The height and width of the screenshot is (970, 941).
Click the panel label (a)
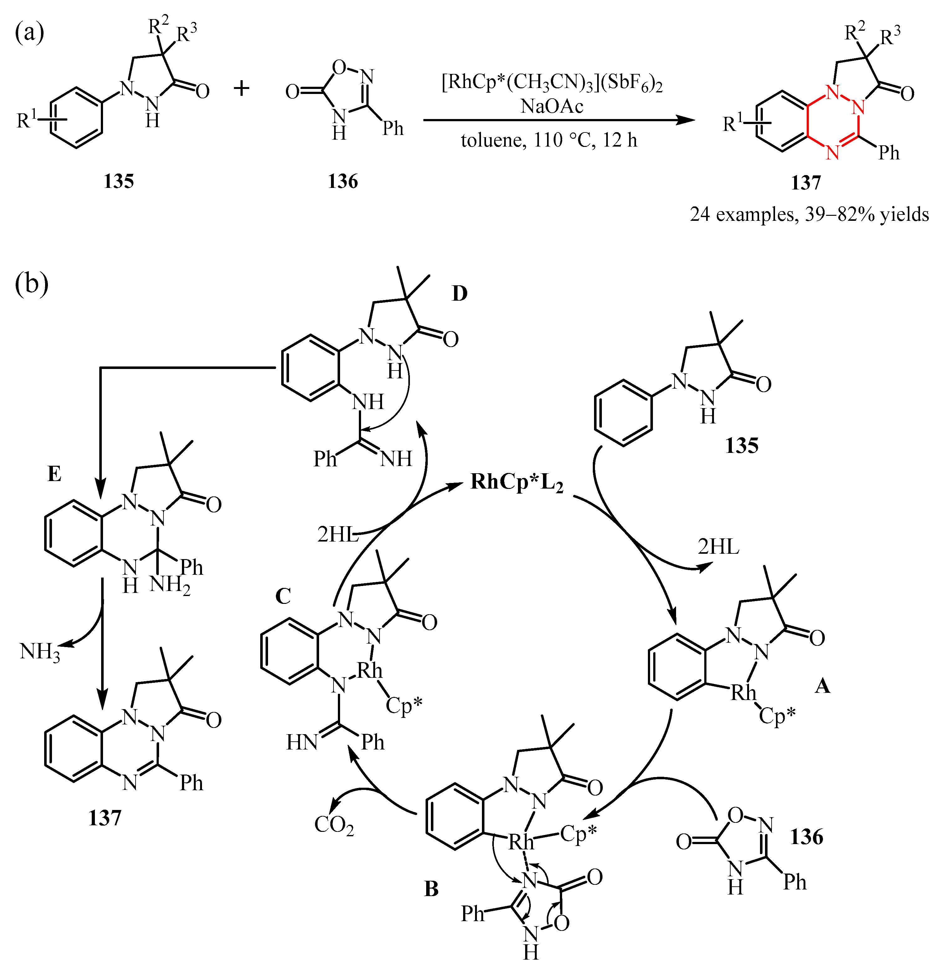pos(30,33)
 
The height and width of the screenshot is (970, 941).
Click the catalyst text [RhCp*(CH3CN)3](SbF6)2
pos(552,83)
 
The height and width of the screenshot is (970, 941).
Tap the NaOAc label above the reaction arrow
pos(552,106)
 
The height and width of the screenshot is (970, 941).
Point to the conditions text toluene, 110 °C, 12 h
pos(549,141)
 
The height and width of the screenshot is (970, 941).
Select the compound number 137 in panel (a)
pos(805,183)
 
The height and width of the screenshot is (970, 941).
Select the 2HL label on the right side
pos(718,547)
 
